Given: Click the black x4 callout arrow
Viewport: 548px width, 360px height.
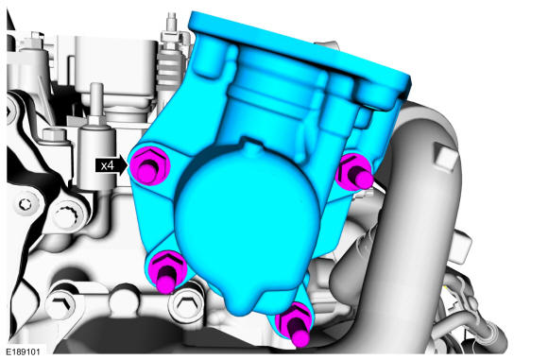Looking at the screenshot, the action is click(x=111, y=165).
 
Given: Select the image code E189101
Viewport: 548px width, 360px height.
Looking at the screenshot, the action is click(x=23, y=351).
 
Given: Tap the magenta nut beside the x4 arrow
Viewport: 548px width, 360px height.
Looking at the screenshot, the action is click(x=150, y=165).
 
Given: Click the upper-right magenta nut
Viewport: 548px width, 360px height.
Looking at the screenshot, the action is click(x=354, y=172).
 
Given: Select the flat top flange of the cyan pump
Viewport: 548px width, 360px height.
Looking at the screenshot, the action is click(x=299, y=52).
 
